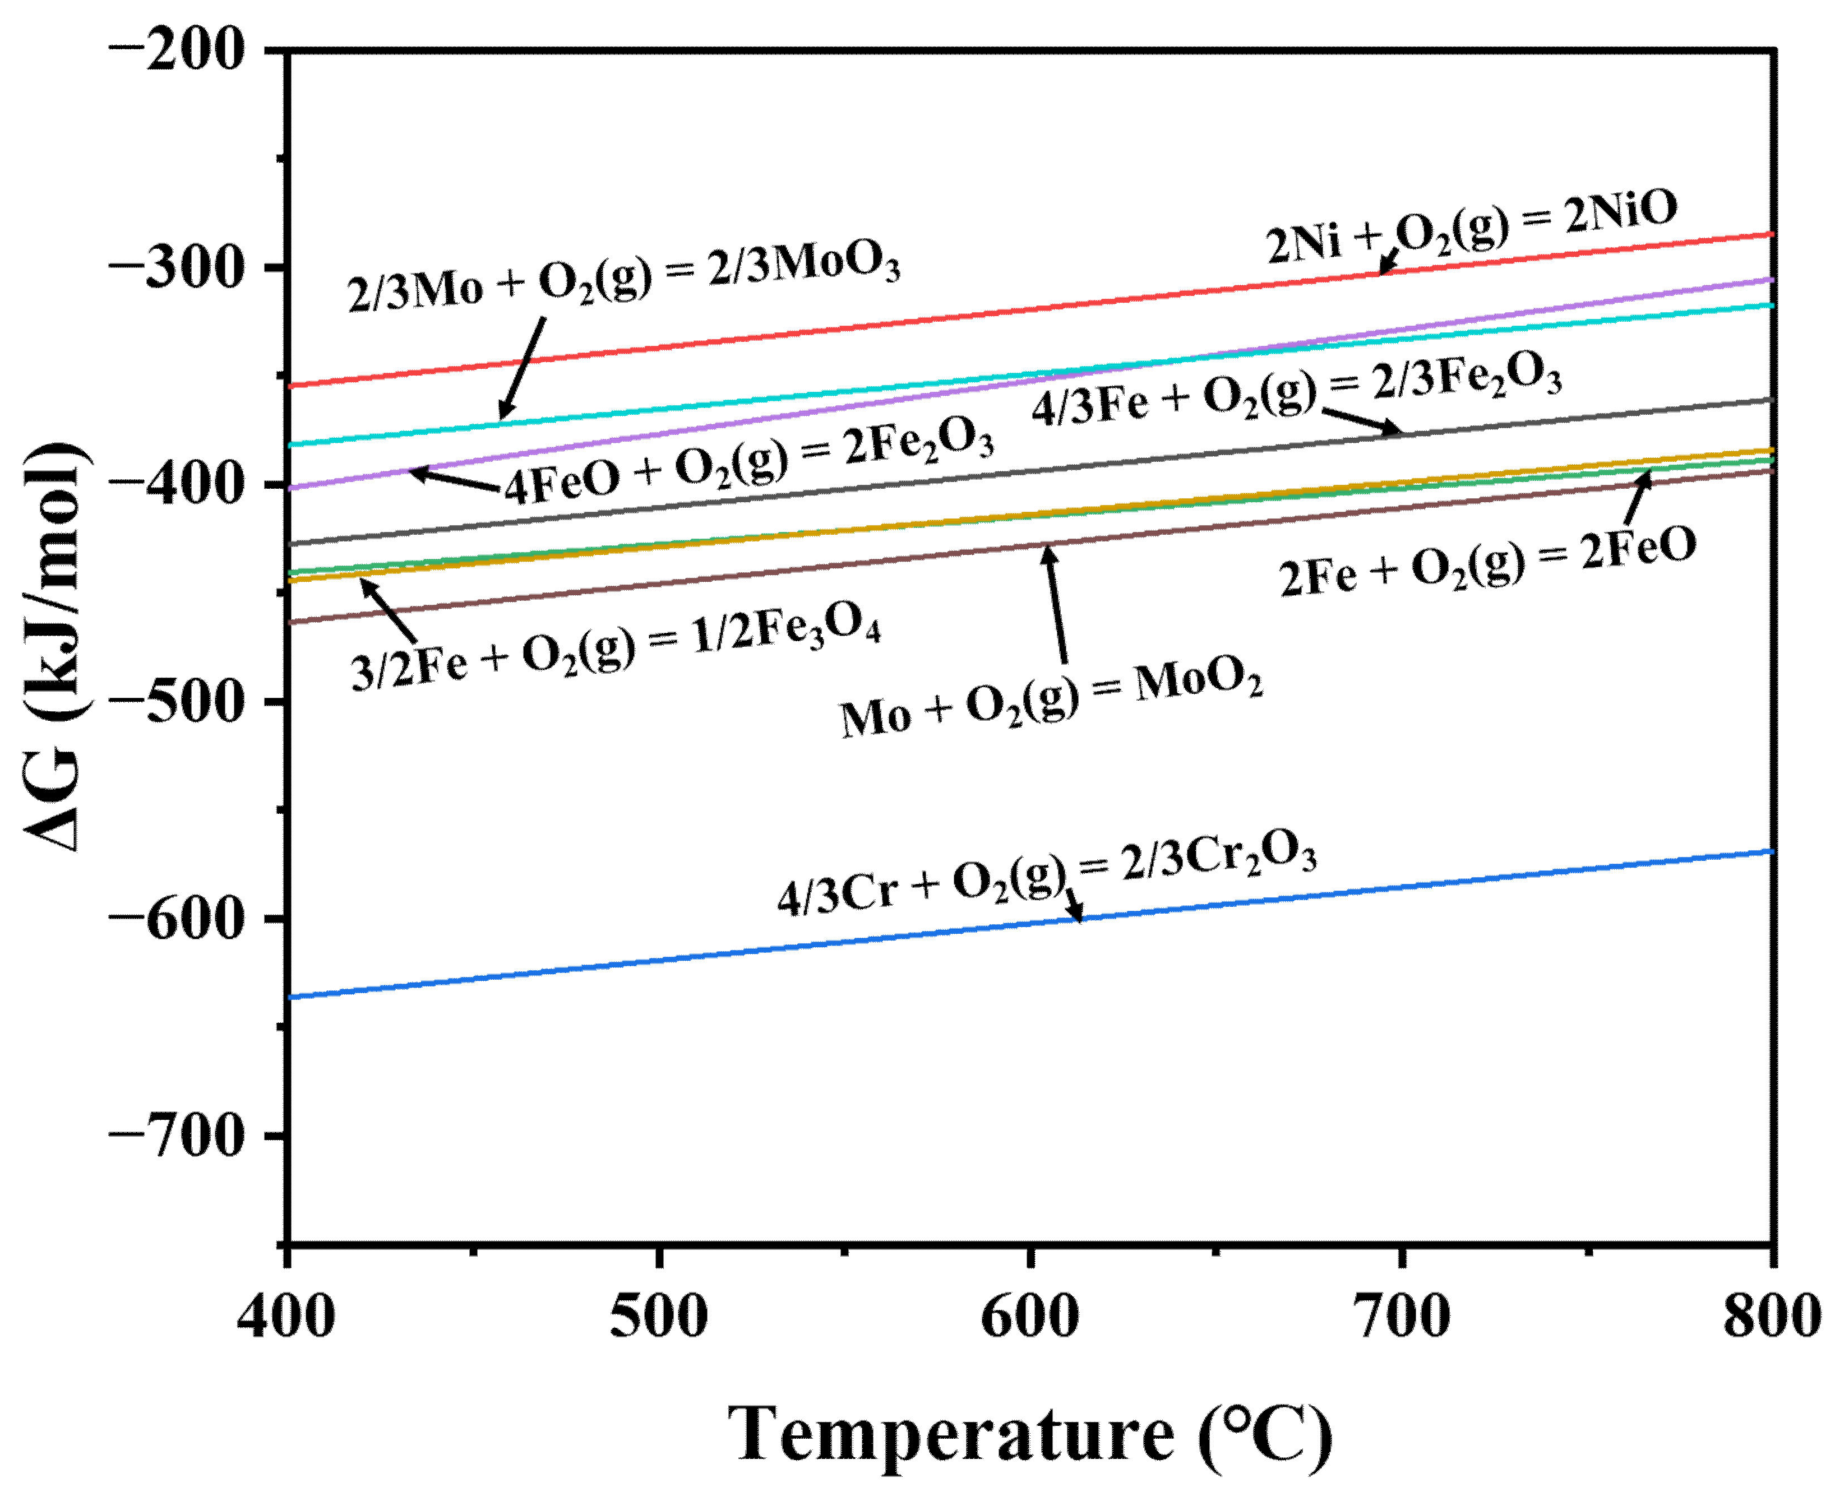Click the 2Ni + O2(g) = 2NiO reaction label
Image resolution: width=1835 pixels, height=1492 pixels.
click(1472, 227)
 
